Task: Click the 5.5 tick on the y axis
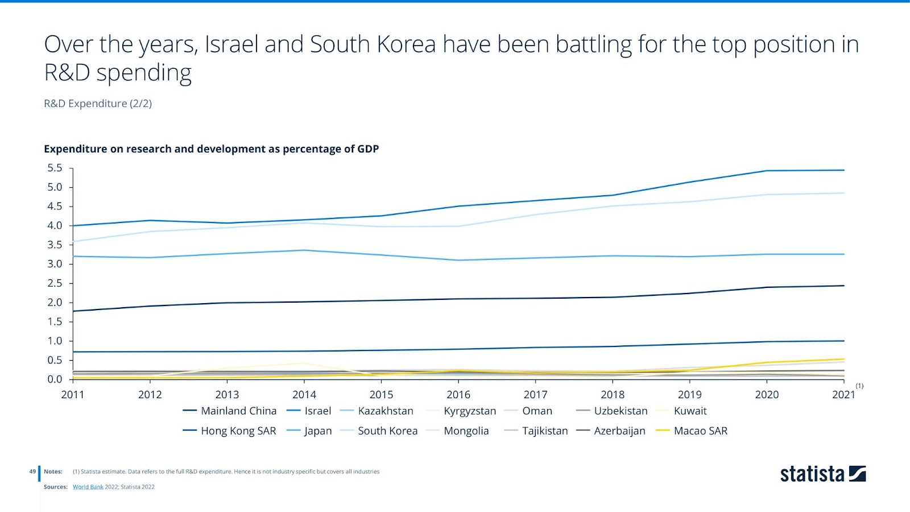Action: [55, 168]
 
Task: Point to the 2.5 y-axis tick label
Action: [55, 283]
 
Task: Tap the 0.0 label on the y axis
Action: [55, 379]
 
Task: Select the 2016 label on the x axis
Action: [458, 395]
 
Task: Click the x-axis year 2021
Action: [843, 395]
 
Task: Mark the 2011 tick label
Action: [73, 395]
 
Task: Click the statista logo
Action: [822, 474]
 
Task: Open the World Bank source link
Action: [88, 487]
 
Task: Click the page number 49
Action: [32, 472]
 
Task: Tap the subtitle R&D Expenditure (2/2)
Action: [98, 104]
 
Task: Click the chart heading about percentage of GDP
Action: [211, 149]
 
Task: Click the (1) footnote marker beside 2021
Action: [859, 386]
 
